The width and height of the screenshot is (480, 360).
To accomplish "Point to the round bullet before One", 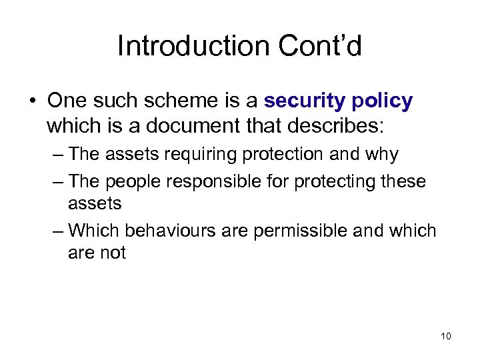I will pyautogui.click(x=31, y=101).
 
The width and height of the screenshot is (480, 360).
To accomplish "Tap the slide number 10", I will pyautogui.click(x=446, y=335).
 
